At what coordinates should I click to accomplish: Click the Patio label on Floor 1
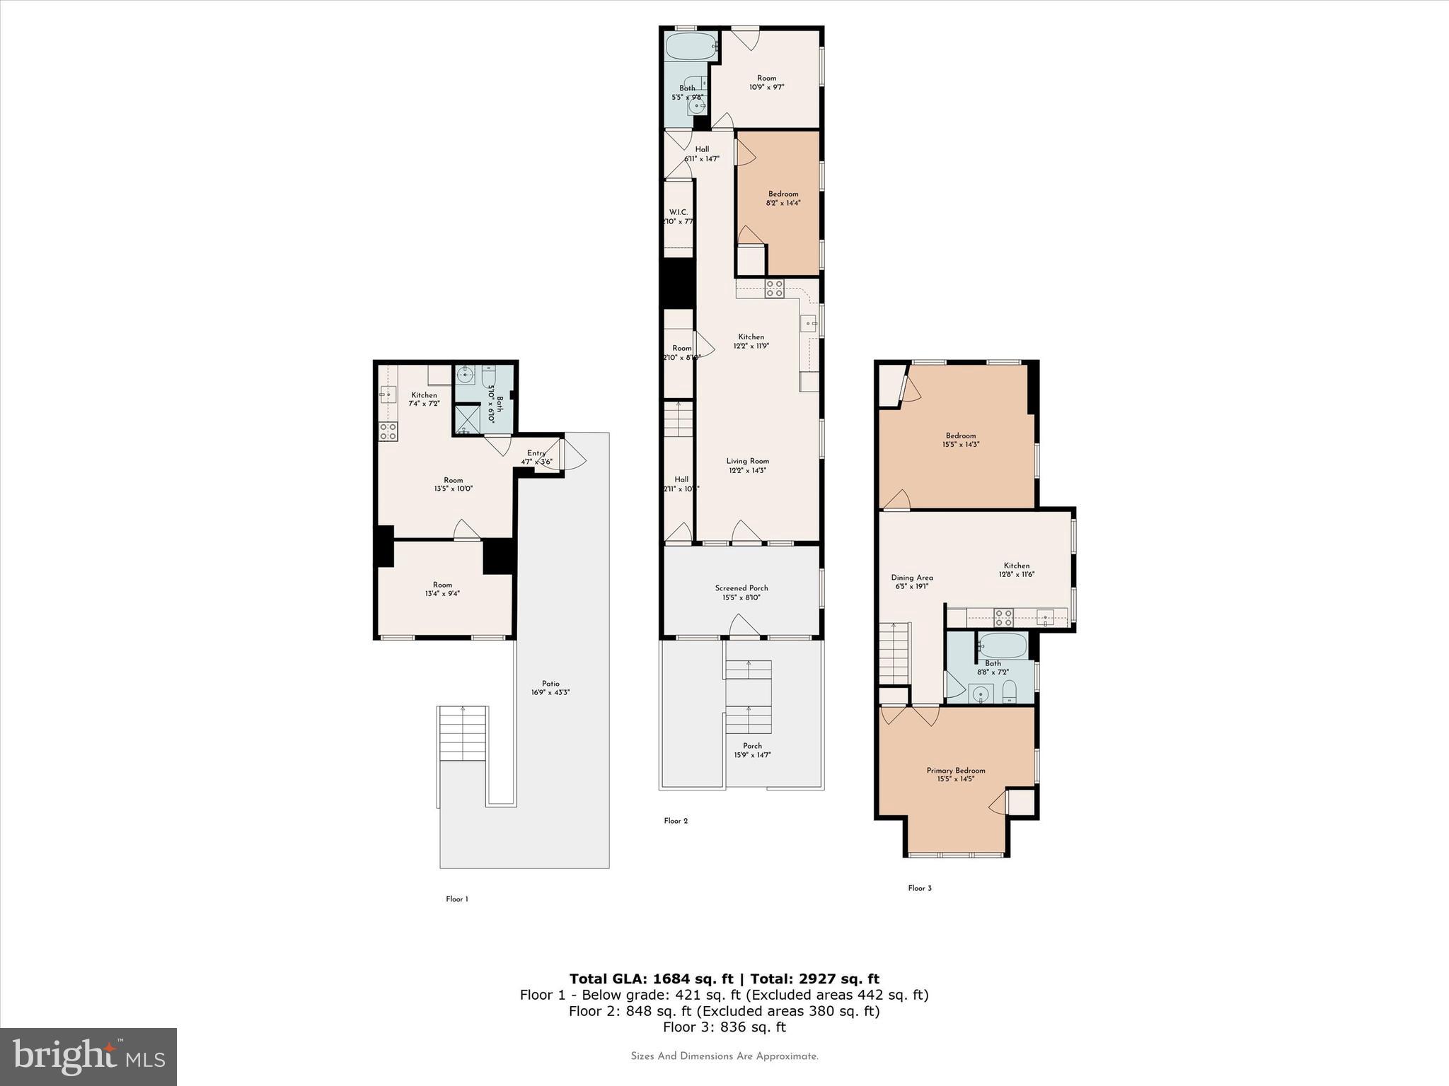coord(550,684)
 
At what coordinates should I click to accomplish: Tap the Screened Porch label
coord(741,588)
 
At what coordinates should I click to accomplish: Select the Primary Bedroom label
coord(956,771)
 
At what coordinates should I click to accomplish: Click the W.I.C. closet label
coord(678,213)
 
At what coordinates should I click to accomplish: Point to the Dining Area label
coord(912,578)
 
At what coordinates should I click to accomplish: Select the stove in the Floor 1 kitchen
coord(388,431)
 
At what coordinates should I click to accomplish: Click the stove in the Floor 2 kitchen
coord(774,288)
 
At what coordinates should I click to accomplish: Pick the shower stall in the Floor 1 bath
coord(466,419)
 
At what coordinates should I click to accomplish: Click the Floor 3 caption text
coord(920,888)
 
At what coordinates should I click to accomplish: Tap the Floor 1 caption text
coord(457,899)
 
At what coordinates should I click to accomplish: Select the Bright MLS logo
coord(88,1056)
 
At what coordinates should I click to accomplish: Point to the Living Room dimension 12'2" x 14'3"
coord(748,470)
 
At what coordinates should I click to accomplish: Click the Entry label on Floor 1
coord(536,453)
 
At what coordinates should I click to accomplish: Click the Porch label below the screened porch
coord(752,746)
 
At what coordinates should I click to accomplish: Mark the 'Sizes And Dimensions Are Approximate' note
coord(724,1056)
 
